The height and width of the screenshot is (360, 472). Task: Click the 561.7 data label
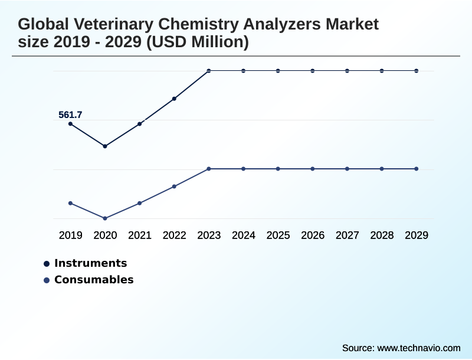tap(70, 115)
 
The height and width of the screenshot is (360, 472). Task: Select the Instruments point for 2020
tap(105, 146)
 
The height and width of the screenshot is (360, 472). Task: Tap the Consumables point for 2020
tap(105, 218)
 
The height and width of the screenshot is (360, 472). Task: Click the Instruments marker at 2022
tap(174, 99)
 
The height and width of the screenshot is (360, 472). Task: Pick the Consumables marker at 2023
tap(209, 169)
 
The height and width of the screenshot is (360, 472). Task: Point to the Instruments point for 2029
tap(417, 71)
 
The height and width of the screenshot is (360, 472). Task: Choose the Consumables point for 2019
tap(71, 203)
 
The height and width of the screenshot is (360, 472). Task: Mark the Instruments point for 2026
tap(313, 71)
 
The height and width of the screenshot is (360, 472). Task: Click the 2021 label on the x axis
tap(140, 235)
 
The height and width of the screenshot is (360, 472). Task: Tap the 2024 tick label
tap(244, 235)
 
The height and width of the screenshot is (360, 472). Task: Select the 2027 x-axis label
tap(348, 235)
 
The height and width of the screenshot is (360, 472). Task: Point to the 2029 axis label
tap(417, 235)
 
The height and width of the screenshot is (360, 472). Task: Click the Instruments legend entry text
tap(90, 263)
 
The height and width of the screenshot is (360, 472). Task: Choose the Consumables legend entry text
tap(94, 280)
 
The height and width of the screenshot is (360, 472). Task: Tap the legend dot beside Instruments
tap(47, 264)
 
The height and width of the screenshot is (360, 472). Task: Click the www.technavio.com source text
tap(418, 348)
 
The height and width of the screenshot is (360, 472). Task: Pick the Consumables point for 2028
tap(382, 169)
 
